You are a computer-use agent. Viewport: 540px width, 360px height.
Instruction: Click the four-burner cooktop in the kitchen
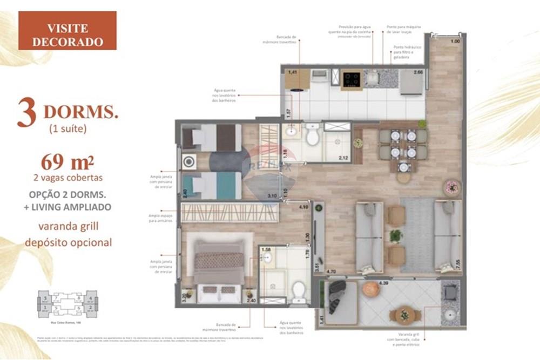pyautogui.click(x=352, y=79)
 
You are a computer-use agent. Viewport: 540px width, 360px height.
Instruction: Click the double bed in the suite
pyautogui.click(x=219, y=267)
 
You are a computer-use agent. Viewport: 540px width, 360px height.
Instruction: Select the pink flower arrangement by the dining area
pyautogui.click(x=451, y=187)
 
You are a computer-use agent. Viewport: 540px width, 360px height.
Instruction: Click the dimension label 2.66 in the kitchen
pyautogui.click(x=418, y=72)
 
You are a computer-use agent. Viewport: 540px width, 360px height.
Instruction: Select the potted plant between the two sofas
pyautogui.click(x=396, y=236)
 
